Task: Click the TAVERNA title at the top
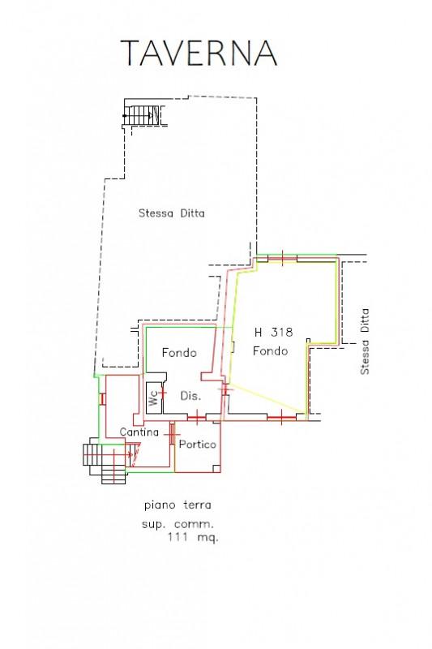click(x=199, y=53)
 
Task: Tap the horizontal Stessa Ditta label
click(x=172, y=213)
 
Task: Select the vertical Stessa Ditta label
click(x=365, y=342)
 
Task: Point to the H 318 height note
click(x=273, y=332)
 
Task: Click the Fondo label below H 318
click(x=271, y=351)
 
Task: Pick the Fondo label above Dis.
click(x=179, y=353)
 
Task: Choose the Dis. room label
click(x=190, y=396)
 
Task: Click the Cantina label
click(x=139, y=432)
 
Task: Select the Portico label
click(x=197, y=444)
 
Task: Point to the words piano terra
click(x=178, y=505)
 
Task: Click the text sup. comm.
click(x=178, y=524)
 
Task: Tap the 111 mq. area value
click(x=193, y=538)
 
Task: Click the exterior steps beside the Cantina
click(x=105, y=462)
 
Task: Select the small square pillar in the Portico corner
click(x=216, y=468)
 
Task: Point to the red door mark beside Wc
click(x=163, y=393)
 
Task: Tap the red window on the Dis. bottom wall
click(x=197, y=417)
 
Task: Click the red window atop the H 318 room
click(x=282, y=258)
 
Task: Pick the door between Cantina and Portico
click(x=171, y=434)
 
